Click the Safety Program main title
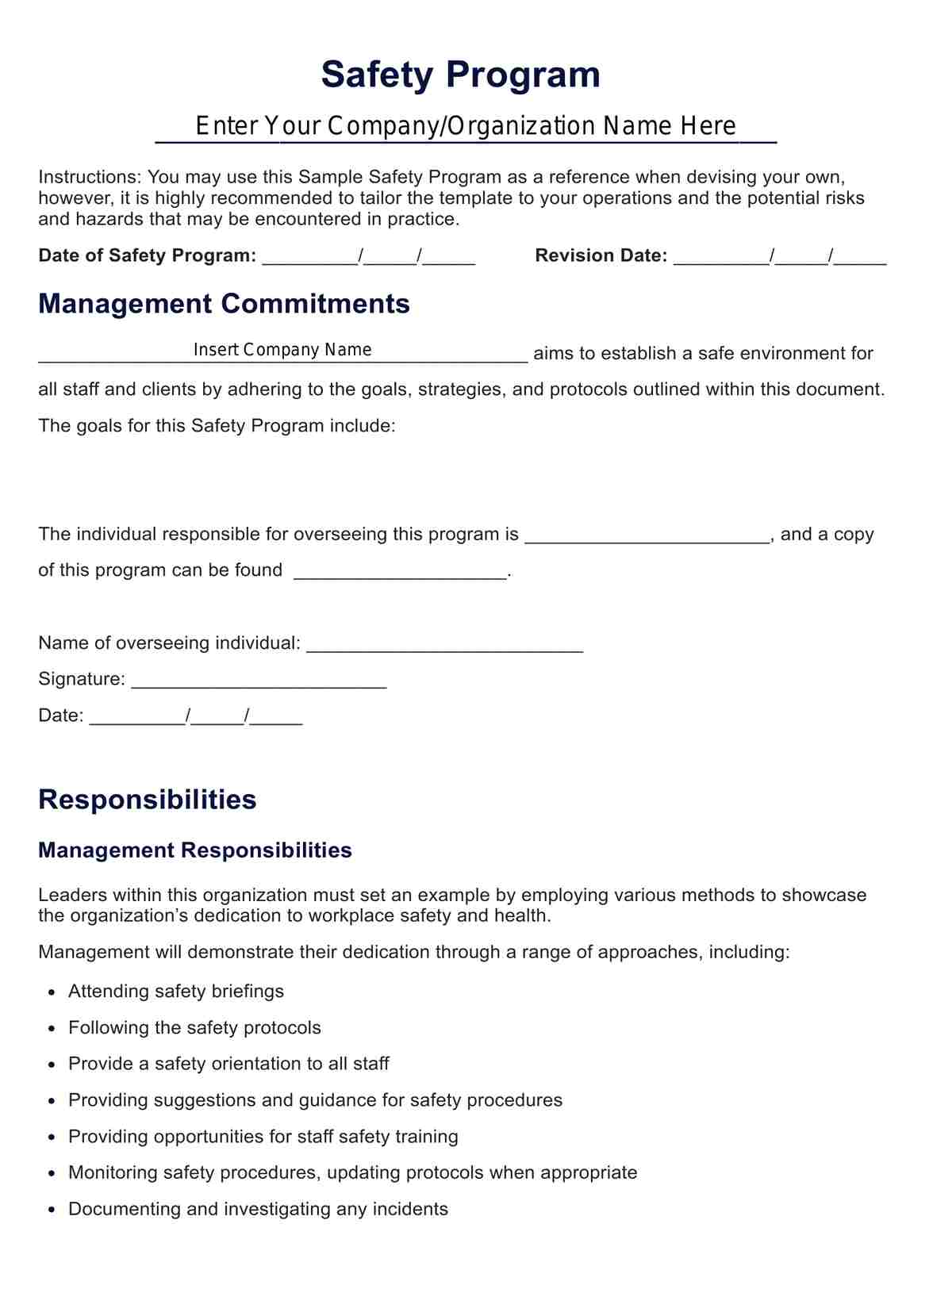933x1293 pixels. coord(460,75)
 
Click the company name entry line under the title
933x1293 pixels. coord(466,127)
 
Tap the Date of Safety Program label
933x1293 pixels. coord(147,255)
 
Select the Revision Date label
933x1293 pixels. coord(601,255)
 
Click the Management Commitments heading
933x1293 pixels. coord(224,304)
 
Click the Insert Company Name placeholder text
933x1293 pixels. coord(282,350)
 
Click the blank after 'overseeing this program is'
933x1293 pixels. coord(647,535)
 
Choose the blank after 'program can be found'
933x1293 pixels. coord(400,572)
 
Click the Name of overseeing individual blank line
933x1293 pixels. coord(444,644)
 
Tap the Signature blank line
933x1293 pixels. coord(259,681)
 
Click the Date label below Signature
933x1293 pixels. coord(60,716)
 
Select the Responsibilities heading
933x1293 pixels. coord(147,800)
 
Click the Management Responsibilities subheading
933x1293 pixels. coord(194,850)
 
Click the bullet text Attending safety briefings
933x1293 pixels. coord(175,992)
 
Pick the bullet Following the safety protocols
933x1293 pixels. coord(194,1028)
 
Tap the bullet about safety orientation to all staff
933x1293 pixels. coord(228,1064)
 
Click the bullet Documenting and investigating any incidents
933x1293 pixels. coord(258,1209)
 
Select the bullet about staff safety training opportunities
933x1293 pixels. coord(263,1137)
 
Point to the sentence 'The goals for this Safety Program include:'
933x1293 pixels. coord(217,426)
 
